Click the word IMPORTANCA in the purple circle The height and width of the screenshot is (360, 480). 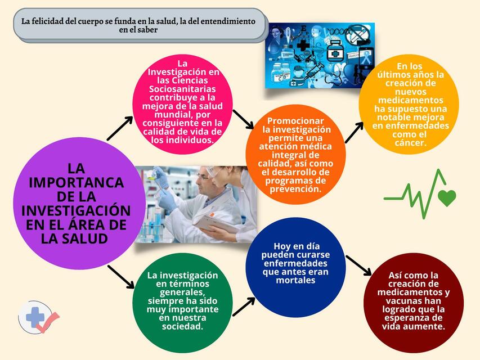click(x=76, y=183)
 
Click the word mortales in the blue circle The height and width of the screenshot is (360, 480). click(x=295, y=280)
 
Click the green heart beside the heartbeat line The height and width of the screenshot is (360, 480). click(x=447, y=198)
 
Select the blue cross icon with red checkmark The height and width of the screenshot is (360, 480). click(x=38, y=317)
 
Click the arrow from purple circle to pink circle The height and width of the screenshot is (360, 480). click(x=120, y=129)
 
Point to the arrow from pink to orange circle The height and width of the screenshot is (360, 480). click(x=243, y=119)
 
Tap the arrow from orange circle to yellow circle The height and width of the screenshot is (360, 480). click(x=354, y=132)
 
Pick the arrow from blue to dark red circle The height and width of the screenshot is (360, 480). click(x=358, y=265)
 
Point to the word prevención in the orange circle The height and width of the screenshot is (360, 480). click(x=295, y=189)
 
